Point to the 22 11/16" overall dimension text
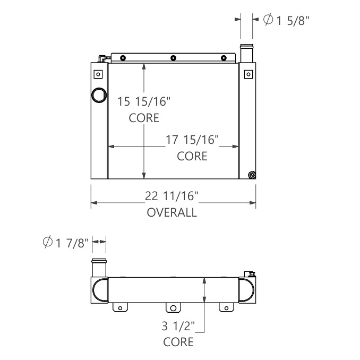tap(172, 196)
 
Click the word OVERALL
tap(172, 213)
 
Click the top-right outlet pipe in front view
tap(246, 54)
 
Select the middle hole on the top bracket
tap(174, 58)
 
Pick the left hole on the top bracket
tap(123, 58)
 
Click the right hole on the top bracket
tap(224, 58)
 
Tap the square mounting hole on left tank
tap(97, 74)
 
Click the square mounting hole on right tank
tap(247, 74)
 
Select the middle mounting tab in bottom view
tap(173, 307)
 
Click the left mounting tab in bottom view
tap(121, 307)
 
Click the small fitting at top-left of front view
tap(101, 58)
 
